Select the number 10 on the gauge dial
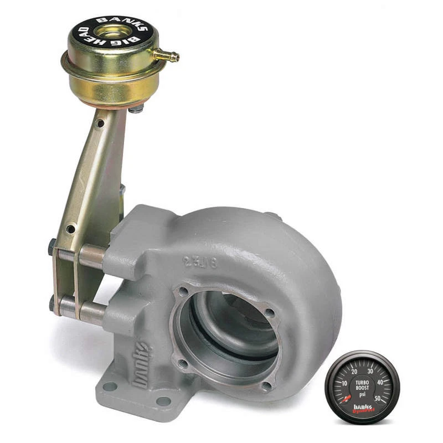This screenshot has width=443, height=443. [x=344, y=383]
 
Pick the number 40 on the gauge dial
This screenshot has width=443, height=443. [x=380, y=382]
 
